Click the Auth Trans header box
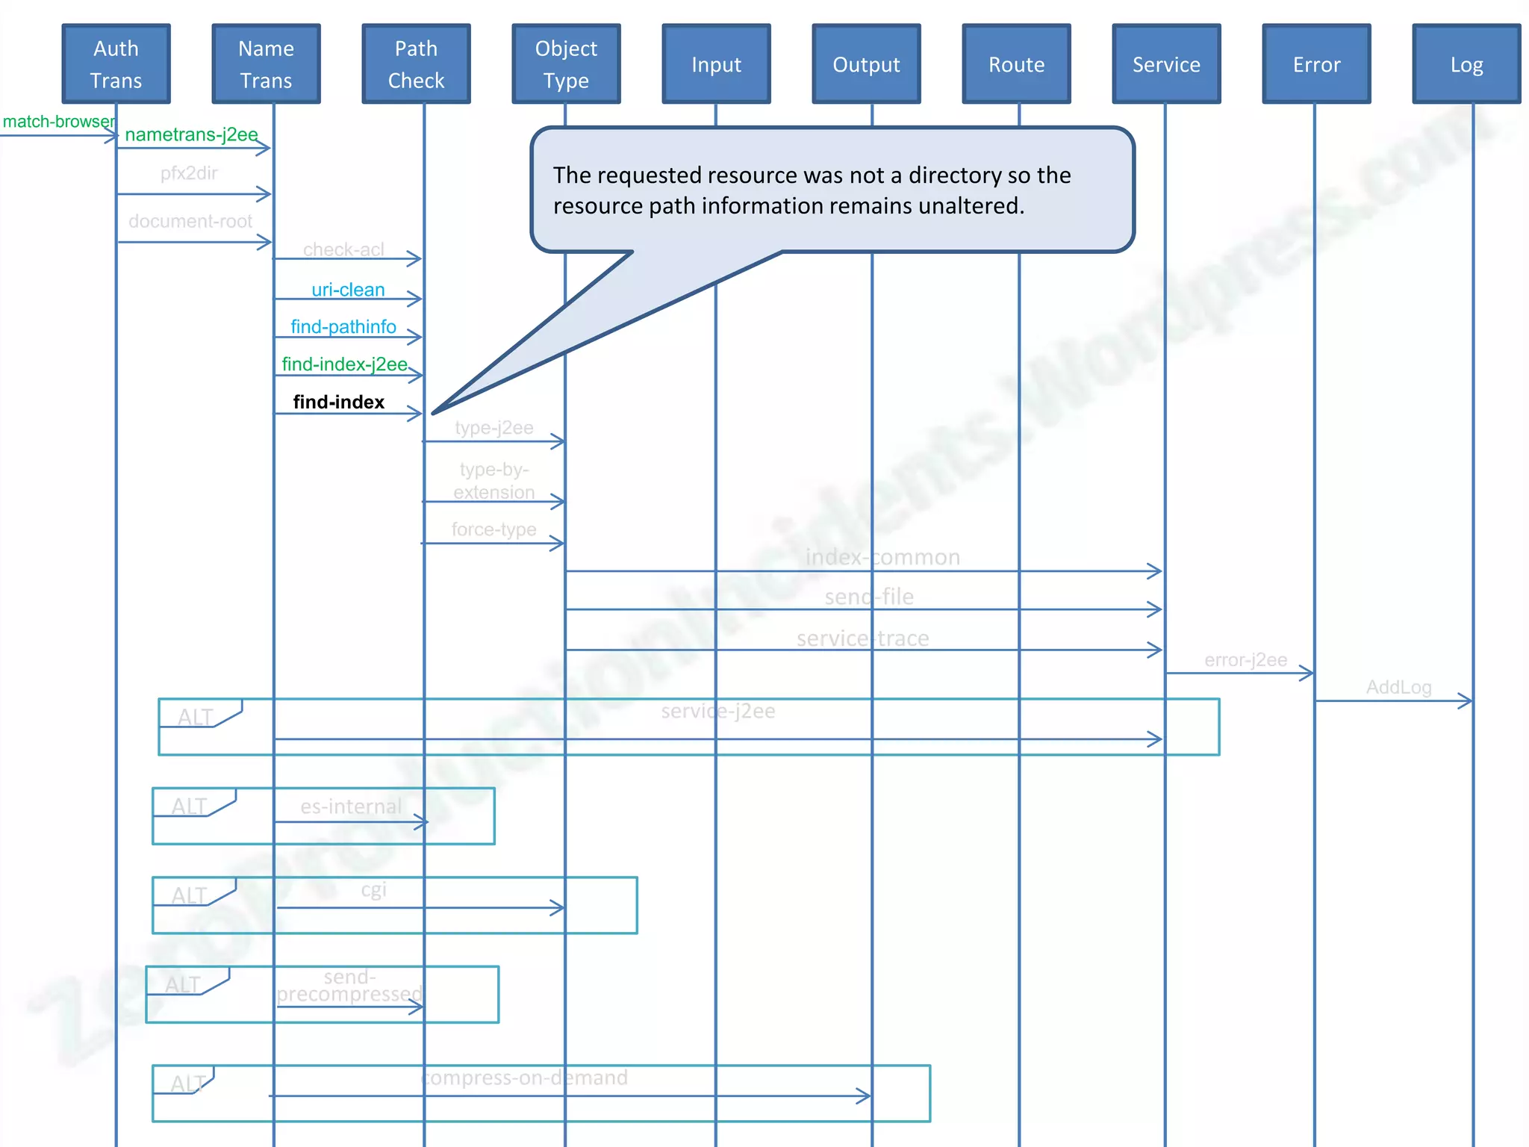coord(116,64)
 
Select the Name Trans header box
coord(266,64)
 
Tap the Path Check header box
coord(416,64)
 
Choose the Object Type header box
coord(566,64)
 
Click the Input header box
coord(716,64)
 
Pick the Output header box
coord(866,64)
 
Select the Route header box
coord(1016,64)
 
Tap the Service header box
coord(1166,64)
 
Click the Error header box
coord(1316,64)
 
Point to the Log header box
coord(1466,64)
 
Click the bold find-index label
coord(338,402)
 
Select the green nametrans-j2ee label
coord(191,134)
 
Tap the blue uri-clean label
coord(348,290)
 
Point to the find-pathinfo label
coord(343,326)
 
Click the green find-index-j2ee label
coord(344,364)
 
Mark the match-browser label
coord(58,122)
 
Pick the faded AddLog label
coord(1398,687)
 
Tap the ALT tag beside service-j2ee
coord(196,717)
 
